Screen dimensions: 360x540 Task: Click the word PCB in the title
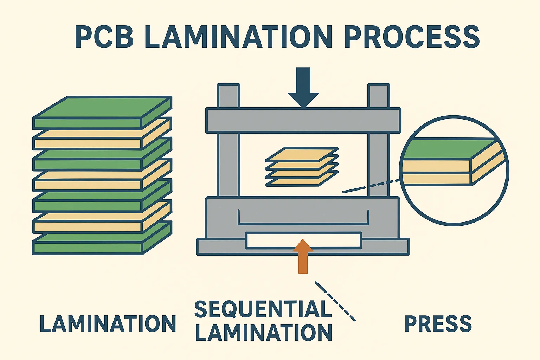pyautogui.click(x=104, y=37)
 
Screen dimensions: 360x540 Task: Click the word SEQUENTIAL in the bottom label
pyautogui.click(x=263, y=309)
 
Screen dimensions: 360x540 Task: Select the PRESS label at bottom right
pyautogui.click(x=438, y=324)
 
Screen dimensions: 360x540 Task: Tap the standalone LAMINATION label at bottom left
pyautogui.click(x=108, y=324)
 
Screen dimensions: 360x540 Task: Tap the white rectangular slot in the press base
pyautogui.click(x=303, y=240)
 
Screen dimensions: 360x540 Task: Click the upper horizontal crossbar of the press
pyautogui.click(x=303, y=120)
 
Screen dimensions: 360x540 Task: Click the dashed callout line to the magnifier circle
pyautogui.click(x=373, y=186)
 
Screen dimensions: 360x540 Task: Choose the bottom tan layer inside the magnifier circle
pyautogui.click(x=436, y=179)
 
